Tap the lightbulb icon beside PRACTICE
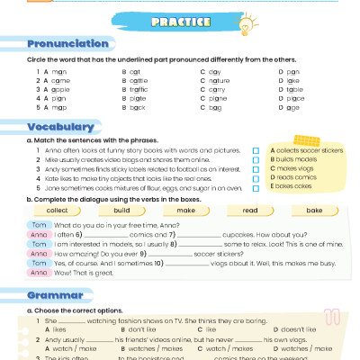[x=240, y=24]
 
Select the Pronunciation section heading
[x=68, y=44]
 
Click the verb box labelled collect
[x=58, y=209]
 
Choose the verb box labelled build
[x=121, y=209]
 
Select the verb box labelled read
[x=250, y=209]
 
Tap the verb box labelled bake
[x=314, y=209]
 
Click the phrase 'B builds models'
[x=294, y=159]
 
